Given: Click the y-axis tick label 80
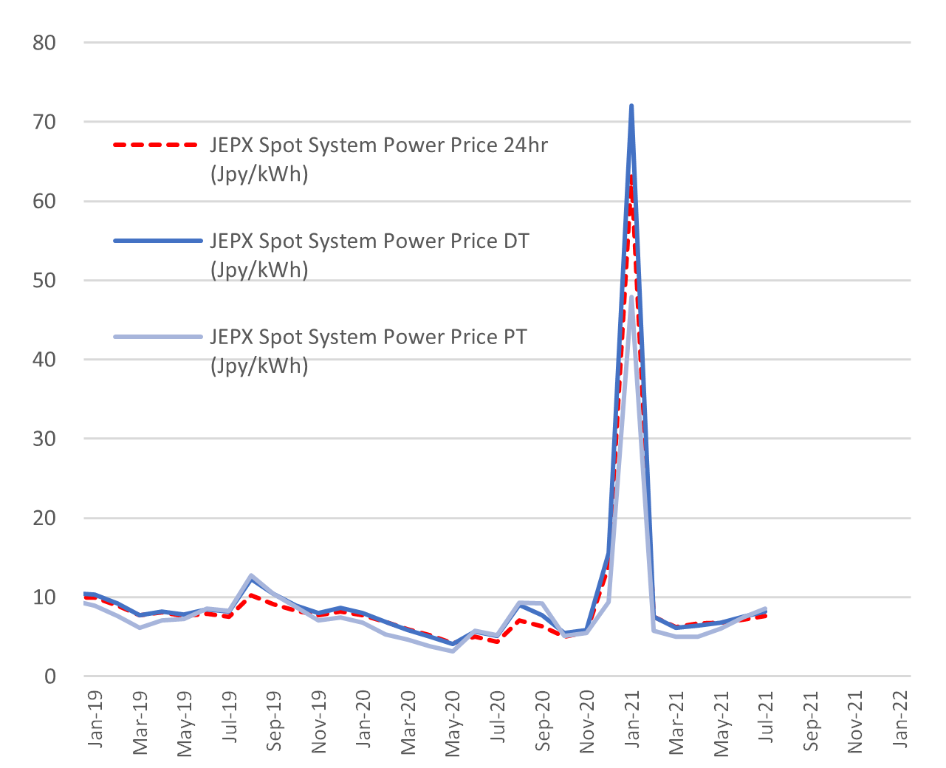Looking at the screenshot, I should pyautogui.click(x=44, y=43).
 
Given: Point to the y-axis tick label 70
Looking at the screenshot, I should pyautogui.click(x=44, y=122).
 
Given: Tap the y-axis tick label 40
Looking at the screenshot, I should pyautogui.click(x=44, y=360).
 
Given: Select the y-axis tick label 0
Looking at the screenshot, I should pyautogui.click(x=50, y=676).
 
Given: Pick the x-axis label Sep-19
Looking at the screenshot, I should pyautogui.click(x=274, y=721).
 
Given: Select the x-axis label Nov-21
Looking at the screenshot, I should pyautogui.click(x=855, y=721).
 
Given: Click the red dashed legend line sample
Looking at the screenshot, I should pyautogui.click(x=157, y=145).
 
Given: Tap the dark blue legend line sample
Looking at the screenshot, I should pyautogui.click(x=157, y=241).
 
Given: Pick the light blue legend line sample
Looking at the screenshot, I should pyautogui.click(x=157, y=337).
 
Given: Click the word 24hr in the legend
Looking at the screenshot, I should pyautogui.click(x=526, y=145).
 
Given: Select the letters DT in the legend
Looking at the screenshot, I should pyautogui.click(x=516, y=241).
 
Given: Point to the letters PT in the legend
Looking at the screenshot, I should pyautogui.click(x=515, y=337).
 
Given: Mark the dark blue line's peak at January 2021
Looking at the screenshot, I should pyautogui.click(x=631, y=106).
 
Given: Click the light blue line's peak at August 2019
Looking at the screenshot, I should pyautogui.click(x=252, y=575).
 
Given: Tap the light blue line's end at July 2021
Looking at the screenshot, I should pyautogui.click(x=766, y=608).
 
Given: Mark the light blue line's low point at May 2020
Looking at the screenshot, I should pyautogui.click(x=453, y=651).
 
